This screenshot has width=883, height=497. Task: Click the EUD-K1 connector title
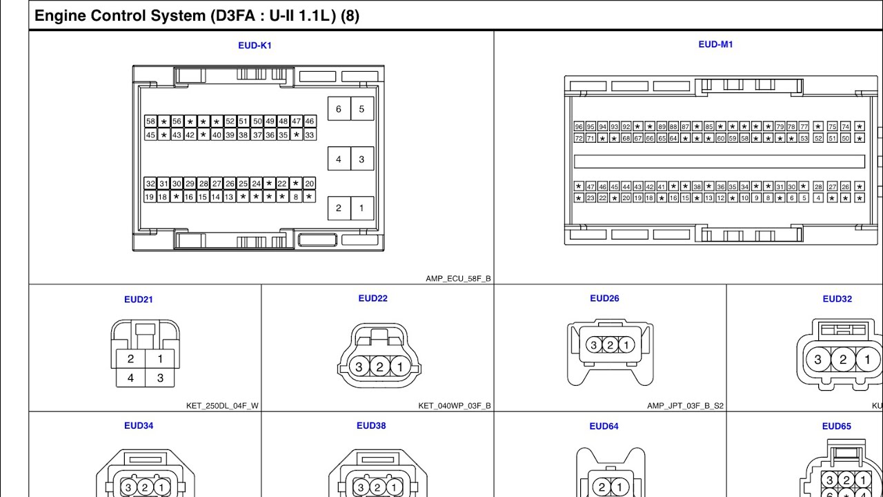pyautogui.click(x=255, y=46)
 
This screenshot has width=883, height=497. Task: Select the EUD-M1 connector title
pyautogui.click(x=715, y=44)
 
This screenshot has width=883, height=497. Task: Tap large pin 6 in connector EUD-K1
pyautogui.click(x=338, y=109)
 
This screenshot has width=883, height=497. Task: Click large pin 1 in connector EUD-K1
pyautogui.click(x=361, y=208)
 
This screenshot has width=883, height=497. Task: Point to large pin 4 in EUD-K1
pyautogui.click(x=338, y=159)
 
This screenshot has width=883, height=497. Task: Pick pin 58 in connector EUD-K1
pyautogui.click(x=150, y=121)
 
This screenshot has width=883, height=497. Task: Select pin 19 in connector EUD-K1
pyautogui.click(x=150, y=197)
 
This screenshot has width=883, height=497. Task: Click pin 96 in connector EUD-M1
pyautogui.click(x=579, y=126)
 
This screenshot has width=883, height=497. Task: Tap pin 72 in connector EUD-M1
pyautogui.click(x=579, y=138)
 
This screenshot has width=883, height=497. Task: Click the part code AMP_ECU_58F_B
pyautogui.click(x=458, y=279)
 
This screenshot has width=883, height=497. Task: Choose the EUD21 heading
pyautogui.click(x=139, y=300)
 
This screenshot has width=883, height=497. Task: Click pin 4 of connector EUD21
pyautogui.click(x=130, y=378)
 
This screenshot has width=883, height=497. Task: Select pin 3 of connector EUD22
pyautogui.click(x=359, y=367)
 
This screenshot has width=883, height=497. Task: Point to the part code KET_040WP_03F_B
pyautogui.click(x=455, y=406)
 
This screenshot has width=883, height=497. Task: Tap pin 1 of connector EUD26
pyautogui.click(x=626, y=345)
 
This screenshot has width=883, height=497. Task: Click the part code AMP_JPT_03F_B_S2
pyautogui.click(x=686, y=406)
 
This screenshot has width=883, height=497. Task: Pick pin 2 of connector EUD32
pyautogui.click(x=843, y=359)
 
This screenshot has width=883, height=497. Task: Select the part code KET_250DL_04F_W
pyautogui.click(x=222, y=406)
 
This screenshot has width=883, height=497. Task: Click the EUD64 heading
pyautogui.click(x=604, y=426)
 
